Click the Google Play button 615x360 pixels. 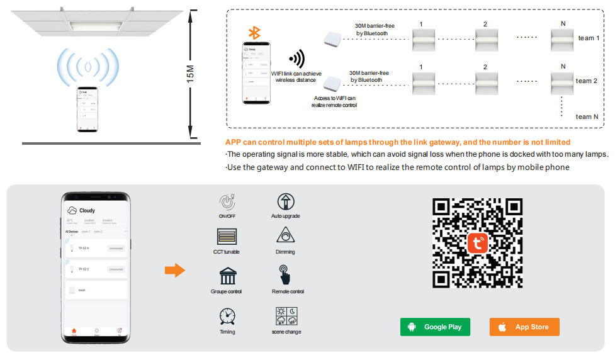(435, 327)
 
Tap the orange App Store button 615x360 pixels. (524, 327)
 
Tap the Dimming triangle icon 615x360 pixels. (286, 237)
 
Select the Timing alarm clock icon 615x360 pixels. (227, 316)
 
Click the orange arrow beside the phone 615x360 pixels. (174, 271)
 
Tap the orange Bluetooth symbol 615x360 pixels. (254, 33)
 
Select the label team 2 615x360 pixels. (585, 81)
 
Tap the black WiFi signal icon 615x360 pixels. (296, 59)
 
